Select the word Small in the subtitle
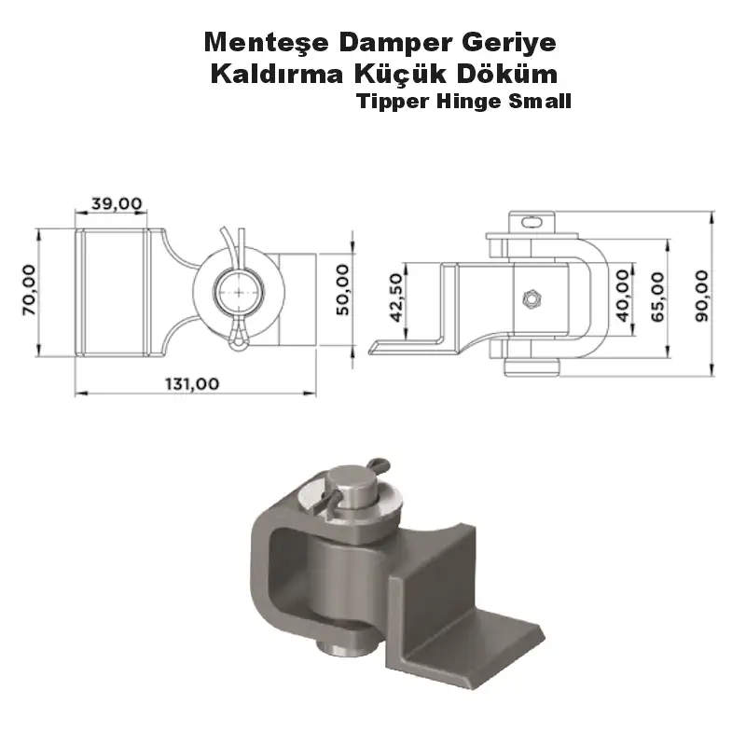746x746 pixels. coord(539,102)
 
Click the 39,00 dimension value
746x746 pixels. coord(117,202)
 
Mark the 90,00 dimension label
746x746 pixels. coord(701,296)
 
